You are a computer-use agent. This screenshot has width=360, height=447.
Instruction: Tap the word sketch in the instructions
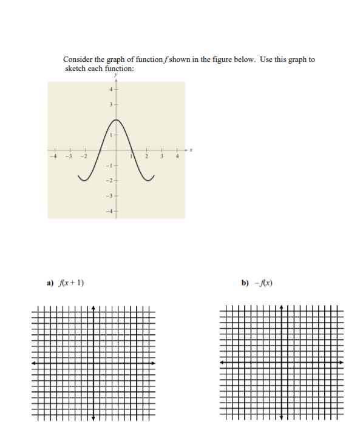[x=75, y=68]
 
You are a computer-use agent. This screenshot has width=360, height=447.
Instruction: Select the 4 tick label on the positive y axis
[x=110, y=90]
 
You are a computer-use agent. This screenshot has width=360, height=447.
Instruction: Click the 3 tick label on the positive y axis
[x=110, y=105]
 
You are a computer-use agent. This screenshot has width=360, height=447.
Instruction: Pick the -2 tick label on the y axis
[x=109, y=181]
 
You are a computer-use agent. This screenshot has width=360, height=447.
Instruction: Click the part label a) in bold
[x=50, y=283]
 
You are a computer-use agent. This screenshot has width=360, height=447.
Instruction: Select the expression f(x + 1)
[x=71, y=283]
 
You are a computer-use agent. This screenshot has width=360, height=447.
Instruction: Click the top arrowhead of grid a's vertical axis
[x=93, y=308]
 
